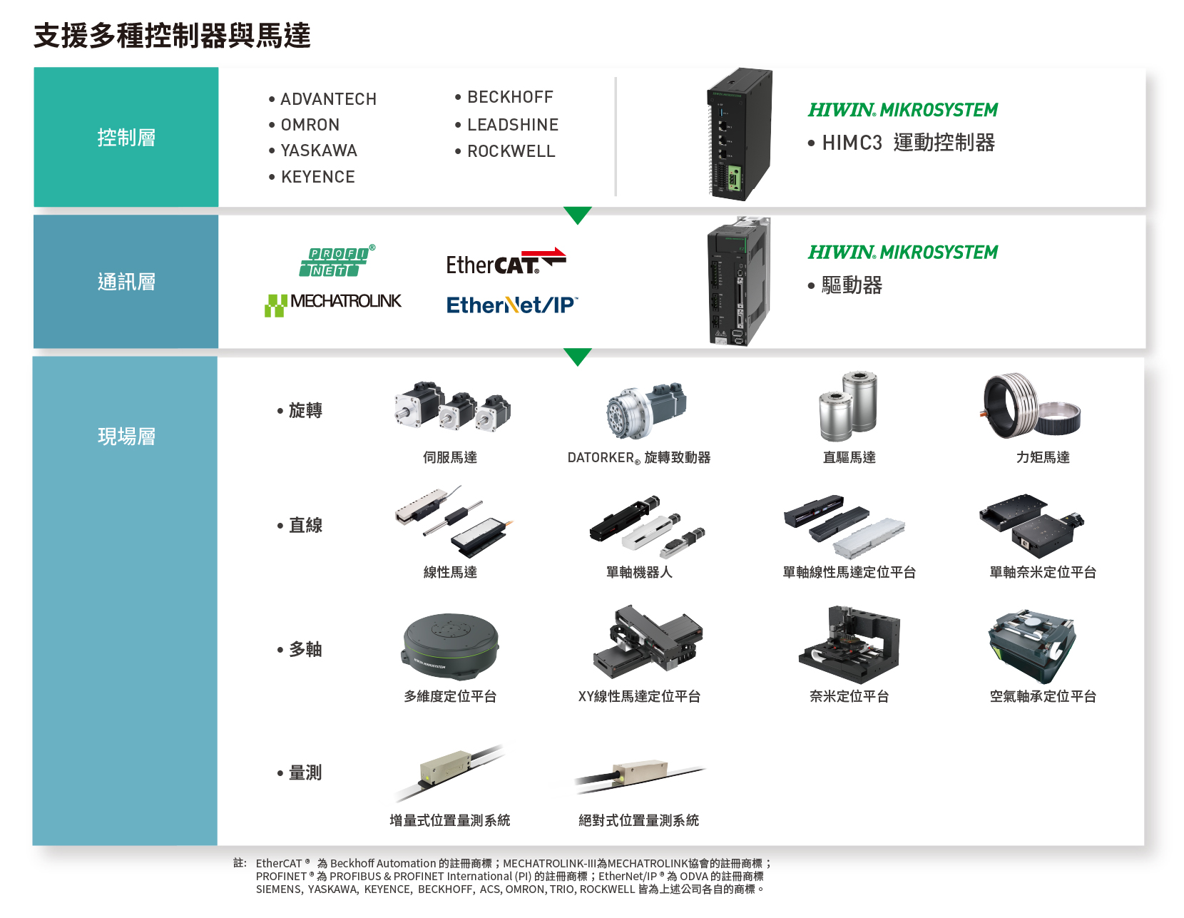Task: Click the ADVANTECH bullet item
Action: click(322, 99)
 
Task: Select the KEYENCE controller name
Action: click(312, 176)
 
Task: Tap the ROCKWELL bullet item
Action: click(505, 151)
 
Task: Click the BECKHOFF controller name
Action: click(504, 97)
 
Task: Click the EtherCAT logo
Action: click(506, 261)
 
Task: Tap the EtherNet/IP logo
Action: click(512, 305)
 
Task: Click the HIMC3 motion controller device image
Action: click(740, 134)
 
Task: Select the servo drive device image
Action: click(739, 281)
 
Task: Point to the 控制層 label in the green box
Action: click(126, 137)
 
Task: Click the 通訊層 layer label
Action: click(126, 282)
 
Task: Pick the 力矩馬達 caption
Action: click(1043, 457)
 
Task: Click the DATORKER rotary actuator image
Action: click(646, 409)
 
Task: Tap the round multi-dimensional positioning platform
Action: click(451, 647)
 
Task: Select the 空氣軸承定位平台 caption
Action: click(1043, 695)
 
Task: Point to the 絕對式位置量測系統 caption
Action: click(638, 820)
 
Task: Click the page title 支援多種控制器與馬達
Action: click(172, 36)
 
